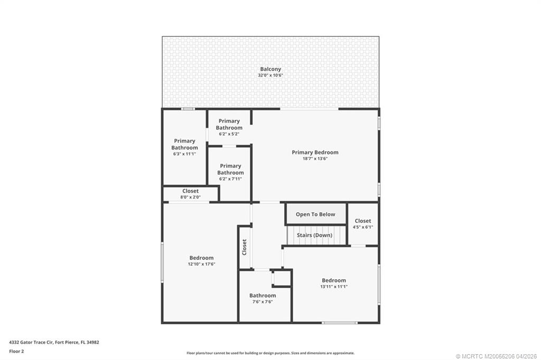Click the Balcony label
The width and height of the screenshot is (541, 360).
(270, 69)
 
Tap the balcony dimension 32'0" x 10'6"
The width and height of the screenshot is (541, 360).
(270, 75)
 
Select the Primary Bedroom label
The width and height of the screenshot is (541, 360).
(315, 152)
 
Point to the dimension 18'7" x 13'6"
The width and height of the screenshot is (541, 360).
(315, 158)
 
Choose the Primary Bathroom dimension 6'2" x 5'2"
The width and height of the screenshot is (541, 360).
(229, 134)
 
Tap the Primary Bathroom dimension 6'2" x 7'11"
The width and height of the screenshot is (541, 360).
(230, 178)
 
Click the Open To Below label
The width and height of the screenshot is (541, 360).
(315, 214)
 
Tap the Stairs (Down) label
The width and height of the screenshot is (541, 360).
(315, 235)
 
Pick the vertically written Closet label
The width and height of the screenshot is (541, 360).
(245, 247)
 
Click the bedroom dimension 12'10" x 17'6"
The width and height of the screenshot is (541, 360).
(201, 264)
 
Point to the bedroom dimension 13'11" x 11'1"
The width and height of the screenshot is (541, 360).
(334, 287)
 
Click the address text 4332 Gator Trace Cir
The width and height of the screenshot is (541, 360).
(31, 343)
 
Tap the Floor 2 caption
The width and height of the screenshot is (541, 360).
(16, 352)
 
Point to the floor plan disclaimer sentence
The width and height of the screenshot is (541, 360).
(270, 353)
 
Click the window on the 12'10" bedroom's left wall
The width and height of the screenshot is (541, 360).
(162, 262)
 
